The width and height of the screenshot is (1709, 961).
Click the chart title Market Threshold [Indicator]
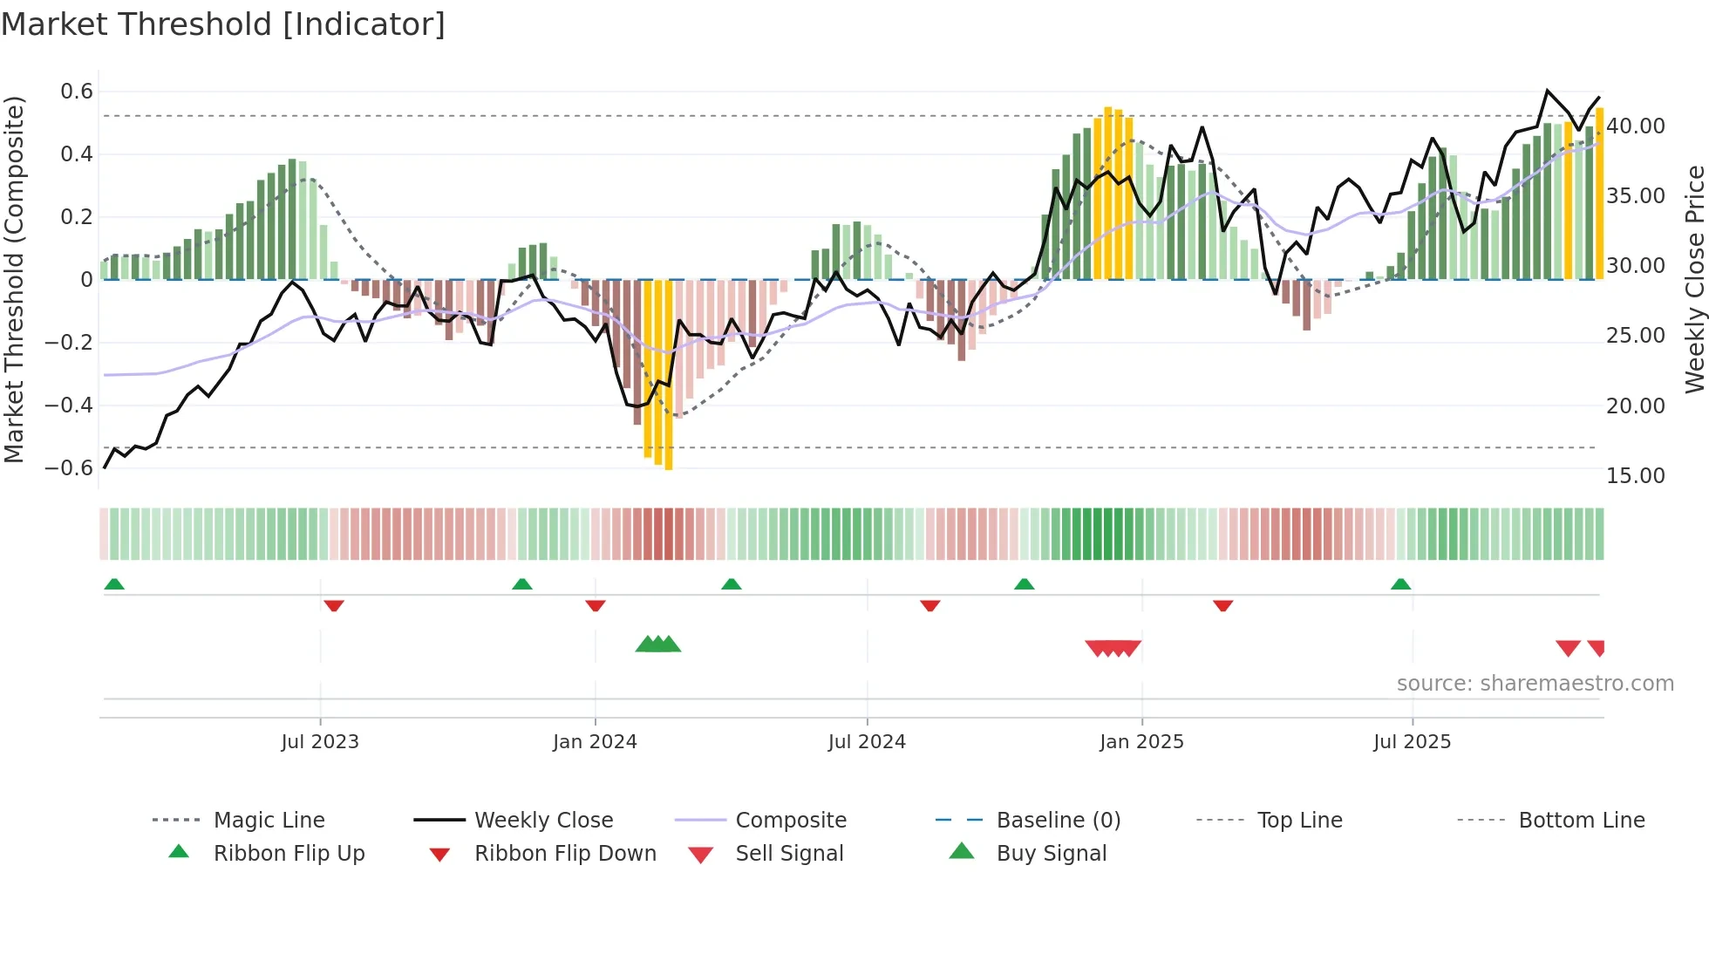coord(223,24)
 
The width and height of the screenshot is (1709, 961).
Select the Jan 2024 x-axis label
coord(595,742)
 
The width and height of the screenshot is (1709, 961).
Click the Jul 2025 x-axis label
coord(1412,742)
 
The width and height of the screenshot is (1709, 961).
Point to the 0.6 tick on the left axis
coord(77,92)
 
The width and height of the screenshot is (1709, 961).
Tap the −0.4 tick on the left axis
coord(69,406)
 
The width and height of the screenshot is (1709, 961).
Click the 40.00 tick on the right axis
coord(1636,126)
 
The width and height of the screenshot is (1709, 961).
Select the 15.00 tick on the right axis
coord(1636,476)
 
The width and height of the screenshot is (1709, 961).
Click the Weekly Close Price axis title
coord(1694,279)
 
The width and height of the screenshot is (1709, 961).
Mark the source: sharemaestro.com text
coord(1535,684)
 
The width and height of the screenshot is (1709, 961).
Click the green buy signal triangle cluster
coord(658,644)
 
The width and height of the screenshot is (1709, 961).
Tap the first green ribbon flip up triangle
coord(114,584)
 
